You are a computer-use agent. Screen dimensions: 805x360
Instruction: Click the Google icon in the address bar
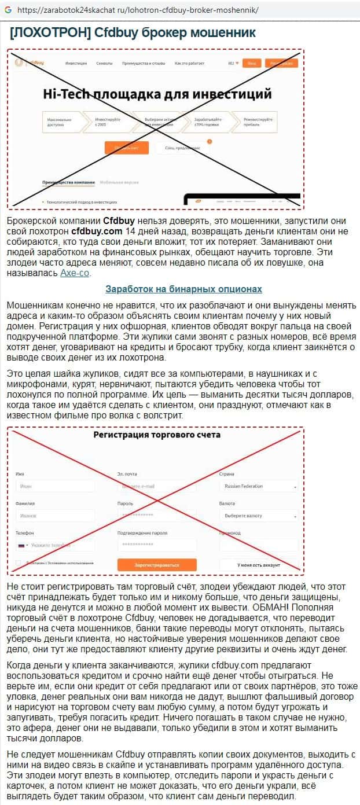pyautogui.click(x=8, y=10)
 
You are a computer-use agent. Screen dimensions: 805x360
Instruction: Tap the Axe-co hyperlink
pyautogui.click(x=75, y=273)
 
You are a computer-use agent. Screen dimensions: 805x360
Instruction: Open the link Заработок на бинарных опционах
pyautogui.click(x=183, y=289)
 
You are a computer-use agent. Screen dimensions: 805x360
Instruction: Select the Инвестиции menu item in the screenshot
pyautogui.click(x=76, y=63)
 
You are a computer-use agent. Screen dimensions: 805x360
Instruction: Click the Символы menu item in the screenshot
pyautogui.click(x=104, y=63)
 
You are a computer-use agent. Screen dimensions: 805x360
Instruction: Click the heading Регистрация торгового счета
pyautogui.click(x=157, y=435)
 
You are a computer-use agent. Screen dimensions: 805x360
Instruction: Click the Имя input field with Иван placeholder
pyautogui.click(x=54, y=486)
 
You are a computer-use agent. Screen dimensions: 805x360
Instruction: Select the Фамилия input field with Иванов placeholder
pyautogui.click(x=54, y=515)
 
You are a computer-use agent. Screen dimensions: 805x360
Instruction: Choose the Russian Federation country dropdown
pyautogui.click(x=259, y=486)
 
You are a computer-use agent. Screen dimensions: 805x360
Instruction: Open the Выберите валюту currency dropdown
pyautogui.click(x=259, y=515)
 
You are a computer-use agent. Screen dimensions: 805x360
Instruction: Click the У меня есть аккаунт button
pyautogui.click(x=258, y=565)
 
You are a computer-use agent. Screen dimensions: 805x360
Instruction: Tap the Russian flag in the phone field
pyautogui.click(x=21, y=545)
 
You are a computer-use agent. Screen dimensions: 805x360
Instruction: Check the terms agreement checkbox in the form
pyautogui.click(x=19, y=563)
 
